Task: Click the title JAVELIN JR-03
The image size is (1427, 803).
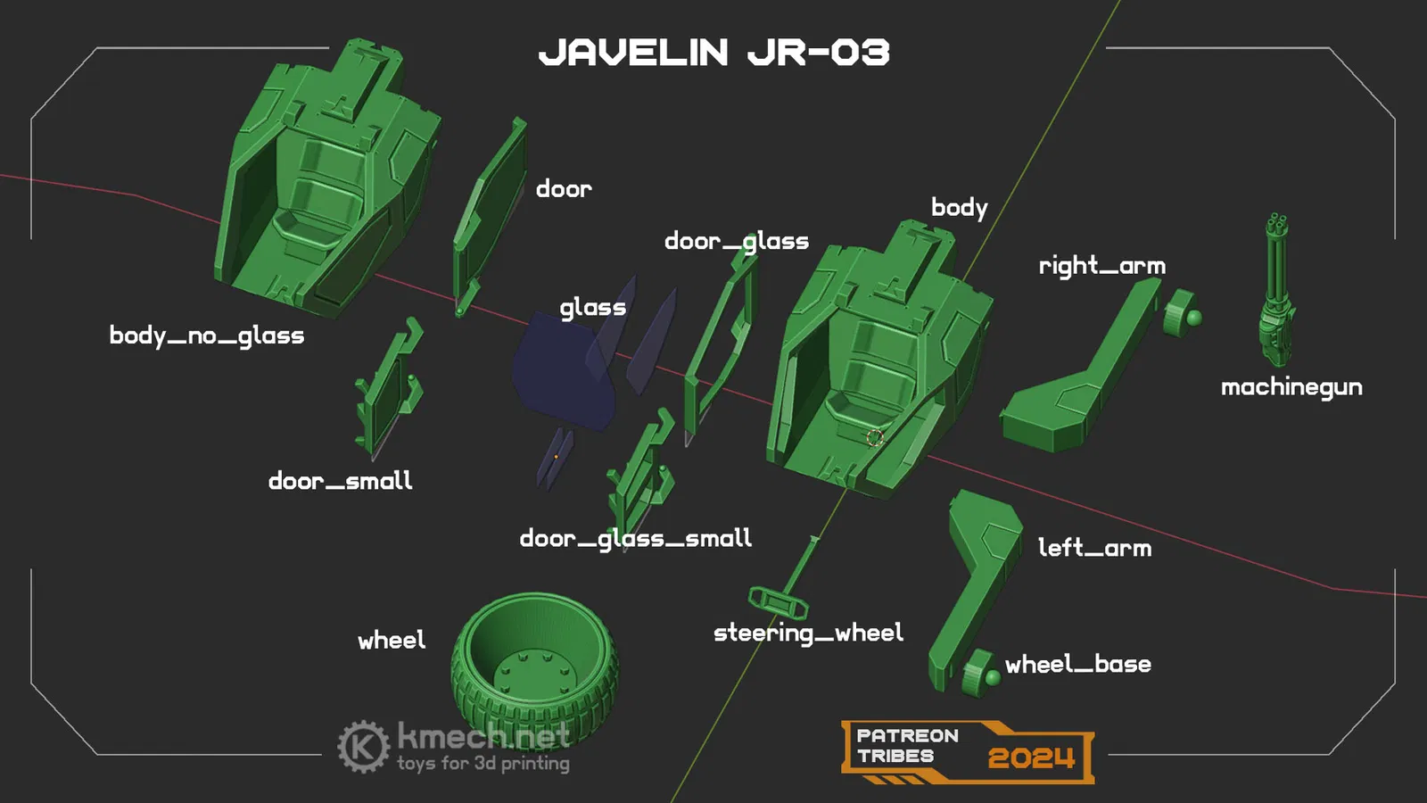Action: [x=714, y=53]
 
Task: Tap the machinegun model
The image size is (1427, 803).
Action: [x=1276, y=290]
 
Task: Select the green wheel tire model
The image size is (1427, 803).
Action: [x=534, y=666]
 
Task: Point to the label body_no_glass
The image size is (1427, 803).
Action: [x=207, y=335]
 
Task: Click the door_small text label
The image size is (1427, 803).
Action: [x=340, y=481]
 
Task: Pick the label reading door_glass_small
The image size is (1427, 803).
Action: [x=636, y=539]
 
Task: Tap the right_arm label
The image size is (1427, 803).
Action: [x=1102, y=266]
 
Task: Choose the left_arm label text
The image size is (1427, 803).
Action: [x=1095, y=548]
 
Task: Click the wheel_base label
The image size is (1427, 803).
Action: [x=1078, y=664]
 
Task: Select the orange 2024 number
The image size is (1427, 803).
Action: [x=1031, y=758]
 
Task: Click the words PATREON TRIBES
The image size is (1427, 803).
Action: [x=907, y=746]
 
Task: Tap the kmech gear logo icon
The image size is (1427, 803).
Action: [x=363, y=746]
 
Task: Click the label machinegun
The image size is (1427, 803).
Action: [x=1292, y=387]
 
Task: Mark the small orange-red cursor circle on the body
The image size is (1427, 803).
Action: [x=875, y=437]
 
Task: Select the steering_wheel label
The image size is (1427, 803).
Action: [x=808, y=633]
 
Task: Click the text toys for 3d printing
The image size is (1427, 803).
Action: [x=483, y=763]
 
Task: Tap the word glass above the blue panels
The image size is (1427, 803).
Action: [x=593, y=308]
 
